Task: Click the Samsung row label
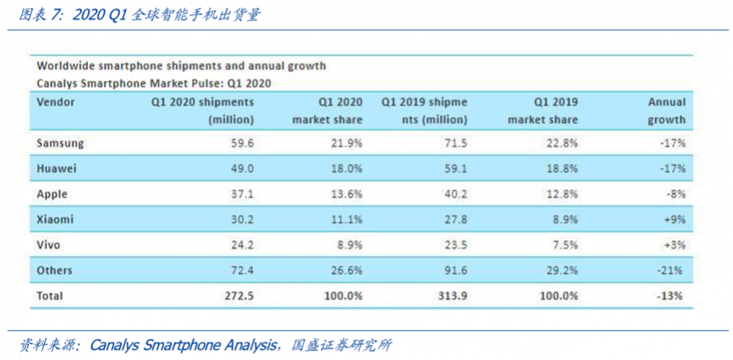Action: pos(60,144)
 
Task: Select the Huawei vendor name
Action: pos(57,169)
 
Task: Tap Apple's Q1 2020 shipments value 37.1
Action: pos(241,194)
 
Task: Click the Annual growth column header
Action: pos(666,111)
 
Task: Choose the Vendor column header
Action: pos(56,102)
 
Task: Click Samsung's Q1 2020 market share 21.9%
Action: pos(347,144)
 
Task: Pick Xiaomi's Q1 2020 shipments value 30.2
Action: pos(241,219)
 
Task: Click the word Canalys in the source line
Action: pos(114,345)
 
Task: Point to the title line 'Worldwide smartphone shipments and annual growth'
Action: pos(181,66)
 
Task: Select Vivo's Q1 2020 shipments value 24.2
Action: pos(241,245)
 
